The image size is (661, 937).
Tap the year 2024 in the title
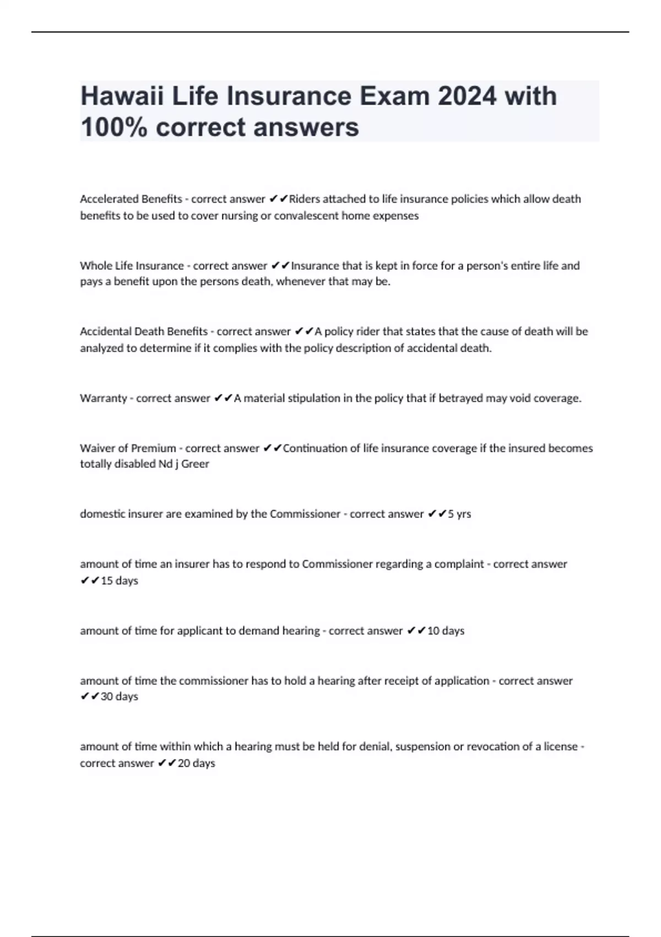coord(467,96)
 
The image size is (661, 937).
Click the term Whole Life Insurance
coord(132,266)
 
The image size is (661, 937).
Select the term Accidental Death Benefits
coord(144,331)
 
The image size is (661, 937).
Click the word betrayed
coord(460,398)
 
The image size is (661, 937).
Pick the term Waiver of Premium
coord(128,448)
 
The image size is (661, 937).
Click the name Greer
coord(195,464)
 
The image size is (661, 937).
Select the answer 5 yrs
coord(459,514)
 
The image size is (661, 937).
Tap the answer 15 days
coord(120,580)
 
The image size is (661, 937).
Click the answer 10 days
coord(446,631)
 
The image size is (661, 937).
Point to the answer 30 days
coord(120,697)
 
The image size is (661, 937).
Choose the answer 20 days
coord(196,763)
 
